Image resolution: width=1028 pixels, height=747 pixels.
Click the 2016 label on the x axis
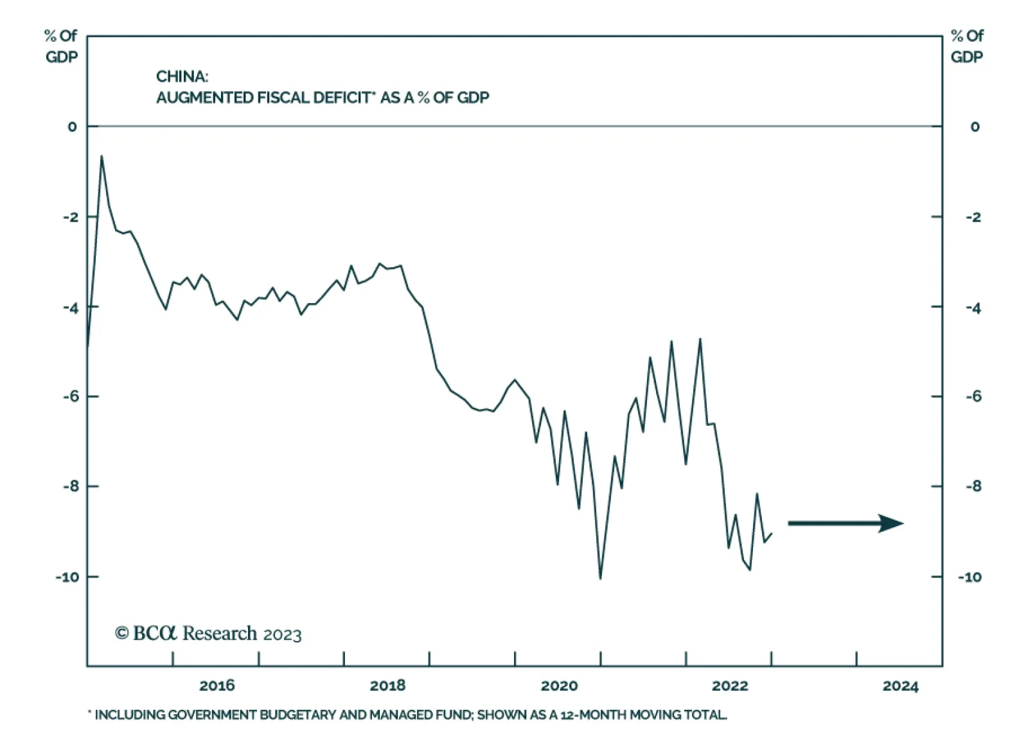pos(217,685)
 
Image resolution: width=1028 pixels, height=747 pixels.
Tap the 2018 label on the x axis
pos(387,685)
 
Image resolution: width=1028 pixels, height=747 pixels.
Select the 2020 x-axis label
pos(559,685)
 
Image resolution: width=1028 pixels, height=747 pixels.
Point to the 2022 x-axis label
pos(730,685)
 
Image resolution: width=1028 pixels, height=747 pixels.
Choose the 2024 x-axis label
pos(901,686)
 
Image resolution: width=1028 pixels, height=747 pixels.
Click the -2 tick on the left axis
pos(71,217)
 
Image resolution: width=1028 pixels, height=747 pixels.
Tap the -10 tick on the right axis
pos(970,577)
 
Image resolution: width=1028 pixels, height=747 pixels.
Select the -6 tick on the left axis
pos(71,396)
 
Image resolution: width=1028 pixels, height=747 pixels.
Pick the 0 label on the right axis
pos(975,127)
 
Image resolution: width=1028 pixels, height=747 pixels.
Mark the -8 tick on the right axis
pos(973,486)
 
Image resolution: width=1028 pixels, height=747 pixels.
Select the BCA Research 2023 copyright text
pos(208,634)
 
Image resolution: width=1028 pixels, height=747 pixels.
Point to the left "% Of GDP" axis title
pos(62,46)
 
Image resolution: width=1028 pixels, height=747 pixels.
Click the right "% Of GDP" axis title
pos(967,46)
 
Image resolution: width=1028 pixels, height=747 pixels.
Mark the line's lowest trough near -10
pos(600,578)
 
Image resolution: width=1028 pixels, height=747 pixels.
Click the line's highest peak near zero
pos(102,156)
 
